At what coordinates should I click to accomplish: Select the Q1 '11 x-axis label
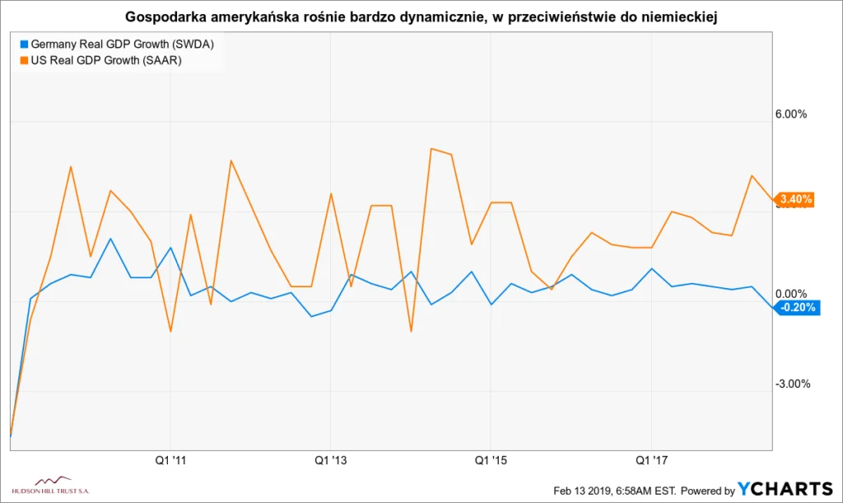170,459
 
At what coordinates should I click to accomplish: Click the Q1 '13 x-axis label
330,459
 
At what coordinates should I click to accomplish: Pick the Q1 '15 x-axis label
491,459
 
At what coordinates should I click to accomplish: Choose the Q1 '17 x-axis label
651,459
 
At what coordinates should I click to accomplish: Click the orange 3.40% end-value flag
795,199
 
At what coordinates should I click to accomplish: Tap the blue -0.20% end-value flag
795,308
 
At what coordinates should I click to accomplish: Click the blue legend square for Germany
23,44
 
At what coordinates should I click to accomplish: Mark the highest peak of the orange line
431,148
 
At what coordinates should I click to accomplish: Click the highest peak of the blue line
111,239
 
